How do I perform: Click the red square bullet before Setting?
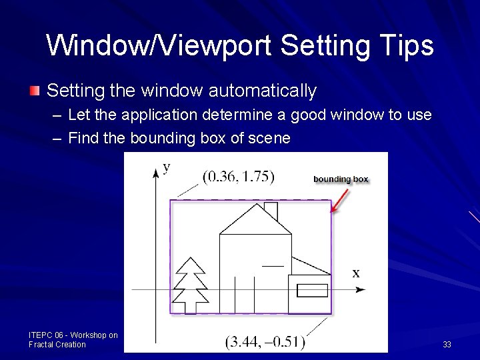coord(35,90)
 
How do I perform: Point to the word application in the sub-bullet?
coord(146,115)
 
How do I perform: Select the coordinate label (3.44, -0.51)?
coord(265,341)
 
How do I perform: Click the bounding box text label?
coord(341,179)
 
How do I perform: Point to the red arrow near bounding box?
coord(340,200)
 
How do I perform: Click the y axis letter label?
coord(166,167)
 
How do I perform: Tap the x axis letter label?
coord(356,273)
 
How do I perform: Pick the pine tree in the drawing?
coord(189,285)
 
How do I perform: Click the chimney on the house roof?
coord(271,211)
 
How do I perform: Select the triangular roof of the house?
coord(255,220)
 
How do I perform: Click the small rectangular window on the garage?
coord(311,290)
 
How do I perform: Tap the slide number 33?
coord(447,345)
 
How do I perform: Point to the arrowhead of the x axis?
coord(361,289)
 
